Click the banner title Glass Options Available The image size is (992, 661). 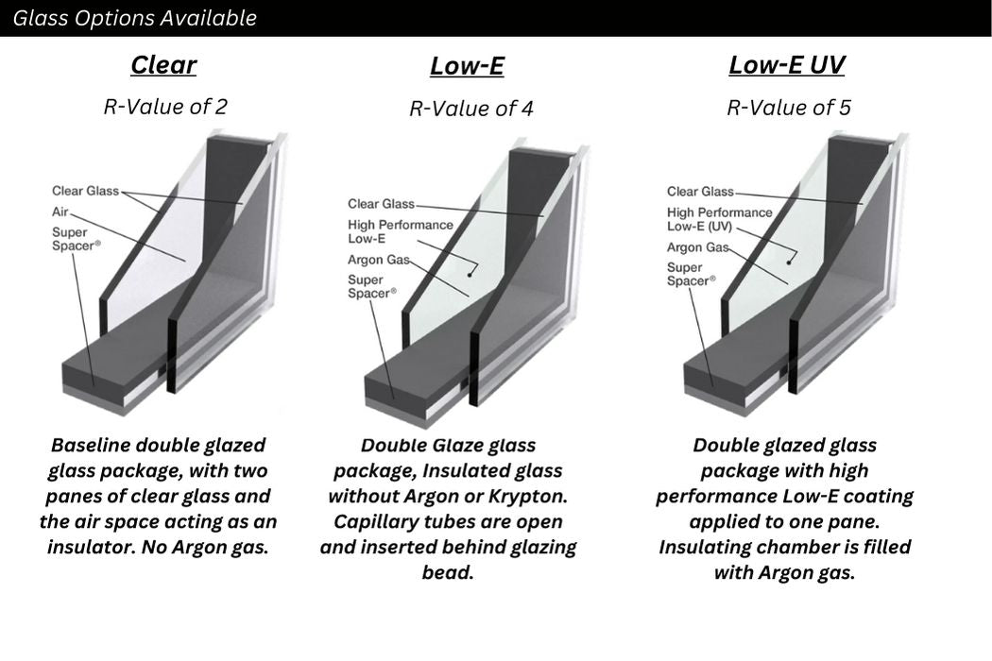(x=135, y=18)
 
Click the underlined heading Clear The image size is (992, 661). (x=163, y=65)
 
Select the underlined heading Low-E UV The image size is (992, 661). (x=786, y=65)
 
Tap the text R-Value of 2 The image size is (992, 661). (x=165, y=107)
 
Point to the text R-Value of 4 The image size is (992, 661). (x=471, y=109)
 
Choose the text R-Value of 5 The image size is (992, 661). (x=789, y=107)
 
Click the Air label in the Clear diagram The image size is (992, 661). (x=60, y=212)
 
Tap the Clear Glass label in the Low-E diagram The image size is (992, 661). (x=381, y=204)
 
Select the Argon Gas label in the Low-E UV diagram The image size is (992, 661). (x=698, y=247)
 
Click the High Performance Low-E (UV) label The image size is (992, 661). (x=719, y=219)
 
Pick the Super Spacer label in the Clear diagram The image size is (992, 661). (x=76, y=239)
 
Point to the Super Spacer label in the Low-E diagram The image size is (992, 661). (x=372, y=286)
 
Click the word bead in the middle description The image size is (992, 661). (x=448, y=572)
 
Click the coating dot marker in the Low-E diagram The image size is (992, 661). (x=470, y=274)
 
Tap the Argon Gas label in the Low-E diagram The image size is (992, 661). (x=378, y=260)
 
